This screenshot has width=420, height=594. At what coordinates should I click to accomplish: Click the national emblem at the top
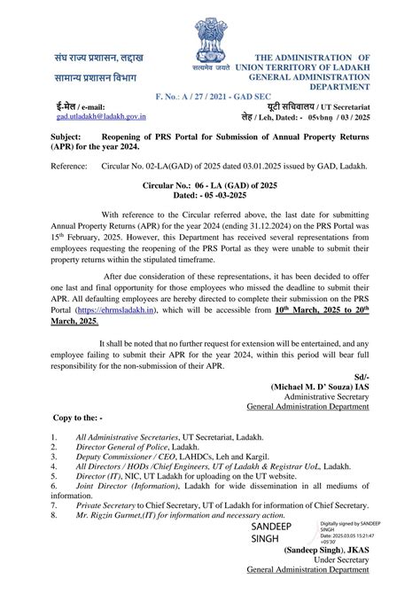(209, 40)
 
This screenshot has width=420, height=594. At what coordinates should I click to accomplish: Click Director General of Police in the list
(124, 449)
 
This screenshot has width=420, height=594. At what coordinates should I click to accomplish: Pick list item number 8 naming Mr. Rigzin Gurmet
(168, 513)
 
